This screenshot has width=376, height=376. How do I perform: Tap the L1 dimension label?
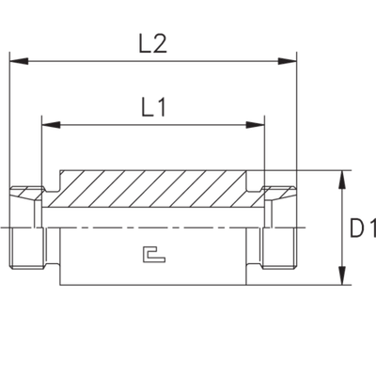[x=153, y=108]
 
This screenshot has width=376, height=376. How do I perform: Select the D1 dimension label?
[x=362, y=227]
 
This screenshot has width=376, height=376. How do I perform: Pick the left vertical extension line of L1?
[x=40, y=150]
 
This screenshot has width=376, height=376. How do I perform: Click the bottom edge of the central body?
[x=150, y=285]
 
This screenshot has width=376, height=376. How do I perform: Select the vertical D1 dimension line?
[x=344, y=227]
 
